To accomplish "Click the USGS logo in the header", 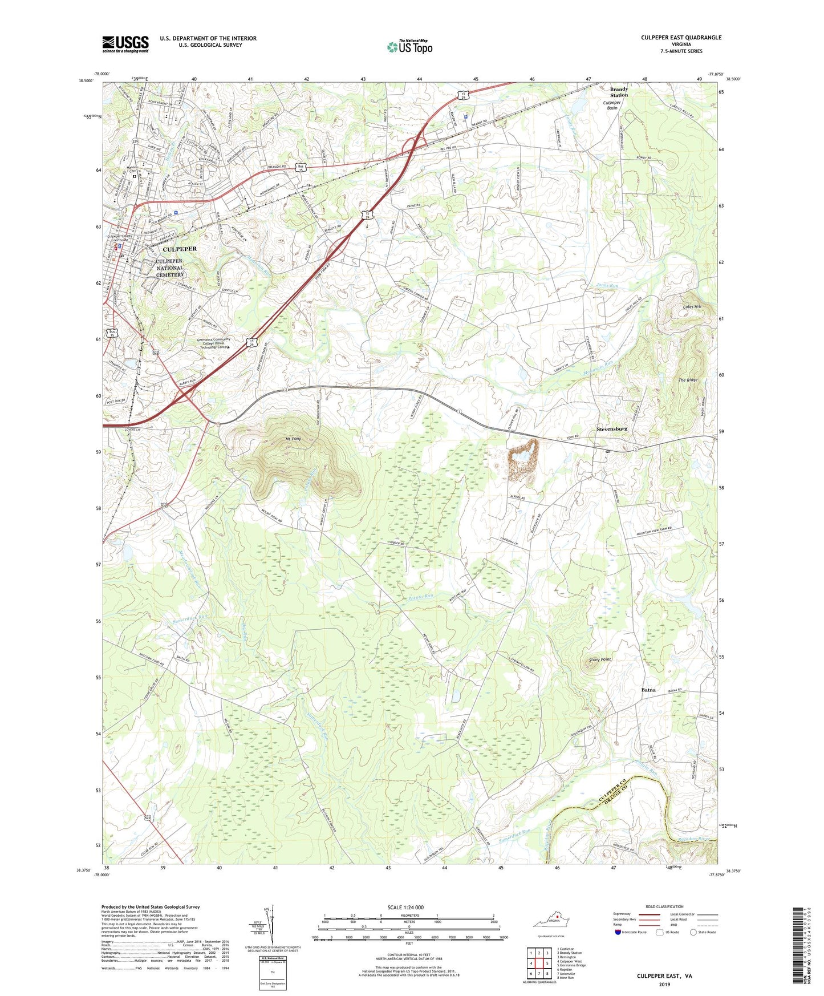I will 125,44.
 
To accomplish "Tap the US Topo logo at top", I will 409,47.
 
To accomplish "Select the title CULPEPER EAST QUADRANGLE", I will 681,38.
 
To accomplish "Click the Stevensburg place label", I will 612,428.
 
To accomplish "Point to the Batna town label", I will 648,690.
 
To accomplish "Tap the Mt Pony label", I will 293,439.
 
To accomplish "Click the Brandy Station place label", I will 619,92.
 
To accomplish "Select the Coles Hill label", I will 691,306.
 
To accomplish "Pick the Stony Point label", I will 600,659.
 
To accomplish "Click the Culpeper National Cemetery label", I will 170,268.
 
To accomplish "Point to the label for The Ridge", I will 688,380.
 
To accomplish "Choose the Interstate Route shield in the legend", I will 618,932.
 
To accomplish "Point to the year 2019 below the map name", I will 664,984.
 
